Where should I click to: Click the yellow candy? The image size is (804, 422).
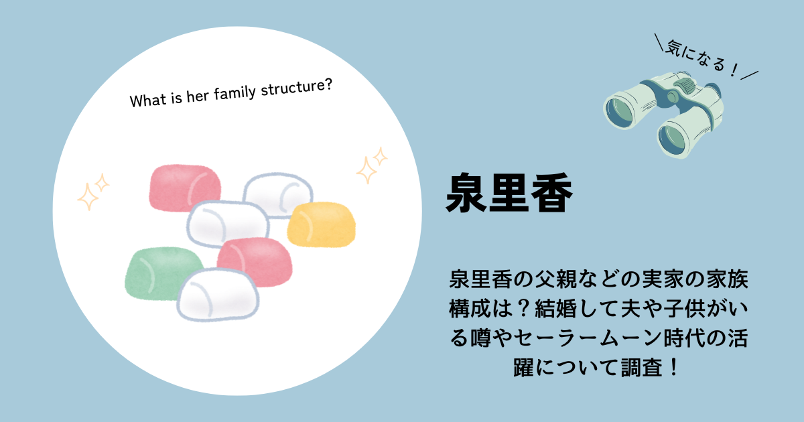click(321, 224)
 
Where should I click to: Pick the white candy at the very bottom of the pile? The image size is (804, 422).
click(218, 294)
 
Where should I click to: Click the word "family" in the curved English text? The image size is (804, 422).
click(234, 93)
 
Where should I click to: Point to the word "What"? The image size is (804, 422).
click(147, 100)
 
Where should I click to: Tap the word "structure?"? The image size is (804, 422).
click(296, 87)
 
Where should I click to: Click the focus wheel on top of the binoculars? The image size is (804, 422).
click(685, 86)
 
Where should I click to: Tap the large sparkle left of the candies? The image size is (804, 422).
click(87, 196)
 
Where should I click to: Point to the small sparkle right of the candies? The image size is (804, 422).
click(380, 157)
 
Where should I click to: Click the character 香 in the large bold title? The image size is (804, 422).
click(551, 193)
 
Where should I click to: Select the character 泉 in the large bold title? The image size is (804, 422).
click(466, 193)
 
